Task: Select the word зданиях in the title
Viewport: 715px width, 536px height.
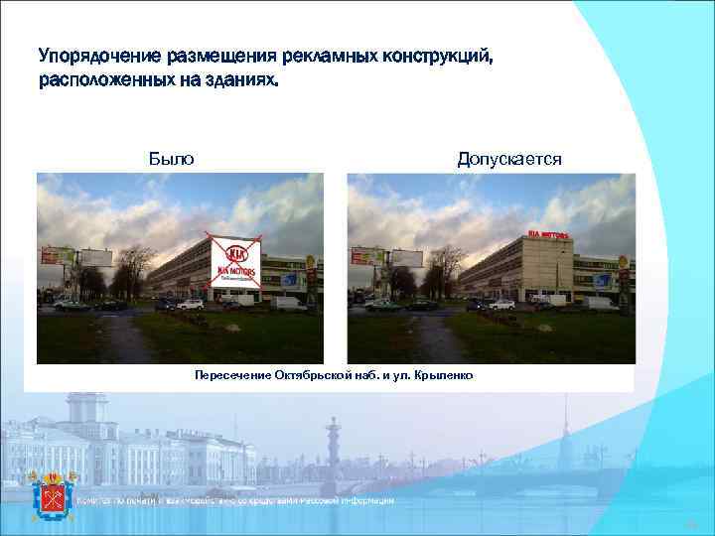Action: [x=241, y=80]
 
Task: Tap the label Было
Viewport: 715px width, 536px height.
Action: [x=171, y=159]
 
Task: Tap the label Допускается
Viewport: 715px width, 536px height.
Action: [x=508, y=159]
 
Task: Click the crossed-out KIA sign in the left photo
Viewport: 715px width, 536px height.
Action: [x=235, y=260]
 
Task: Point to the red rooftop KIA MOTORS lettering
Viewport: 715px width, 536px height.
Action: [x=548, y=234]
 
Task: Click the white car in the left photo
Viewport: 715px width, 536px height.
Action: [x=191, y=304]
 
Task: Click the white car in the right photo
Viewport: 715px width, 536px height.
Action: [x=501, y=304]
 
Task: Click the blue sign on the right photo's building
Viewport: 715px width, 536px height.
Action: [x=602, y=281]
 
